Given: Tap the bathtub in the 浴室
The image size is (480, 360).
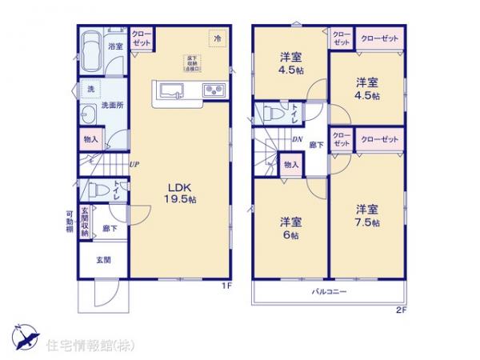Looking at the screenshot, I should tap(92, 45).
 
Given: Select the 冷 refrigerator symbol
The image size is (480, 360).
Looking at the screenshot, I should tap(217, 37).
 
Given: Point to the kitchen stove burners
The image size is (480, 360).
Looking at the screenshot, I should tap(214, 89).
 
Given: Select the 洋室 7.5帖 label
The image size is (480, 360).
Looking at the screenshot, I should tap(368, 216).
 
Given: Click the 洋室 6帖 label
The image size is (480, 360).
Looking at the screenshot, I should tap(290, 227).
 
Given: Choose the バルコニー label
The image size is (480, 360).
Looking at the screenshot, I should tap(329, 291).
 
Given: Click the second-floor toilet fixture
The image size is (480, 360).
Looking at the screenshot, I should tap(270, 113).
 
